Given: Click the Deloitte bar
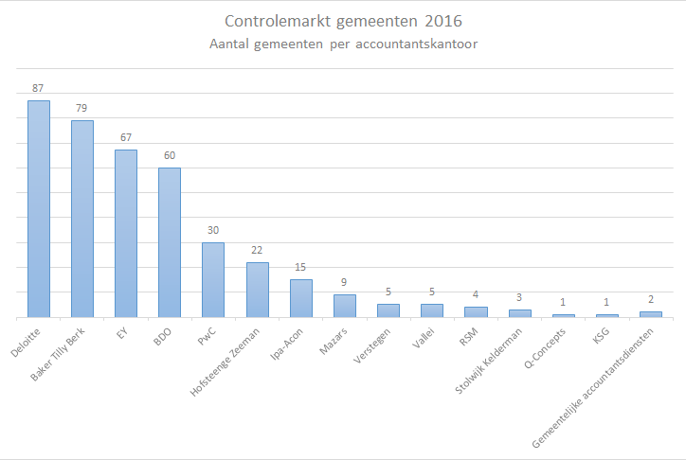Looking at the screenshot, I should point(39,208).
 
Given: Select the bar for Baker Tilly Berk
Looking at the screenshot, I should point(82,219).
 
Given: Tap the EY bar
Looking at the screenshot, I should point(126,233).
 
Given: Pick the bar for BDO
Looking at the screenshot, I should point(170,242).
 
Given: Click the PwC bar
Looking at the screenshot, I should point(213,279).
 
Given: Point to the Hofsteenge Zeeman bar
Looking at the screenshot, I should point(257,290).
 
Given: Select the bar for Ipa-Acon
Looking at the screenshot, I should point(300,298).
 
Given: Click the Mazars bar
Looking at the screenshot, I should point(344,306).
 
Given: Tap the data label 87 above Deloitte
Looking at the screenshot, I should point(39,88).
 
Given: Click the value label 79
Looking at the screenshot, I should point(82,108).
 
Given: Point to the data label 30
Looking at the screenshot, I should point(213,230).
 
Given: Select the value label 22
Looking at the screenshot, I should point(257,250).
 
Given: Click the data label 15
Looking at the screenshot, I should point(300,267).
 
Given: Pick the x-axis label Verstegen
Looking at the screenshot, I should point(371,345).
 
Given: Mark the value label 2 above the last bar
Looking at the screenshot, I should point(650,299).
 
